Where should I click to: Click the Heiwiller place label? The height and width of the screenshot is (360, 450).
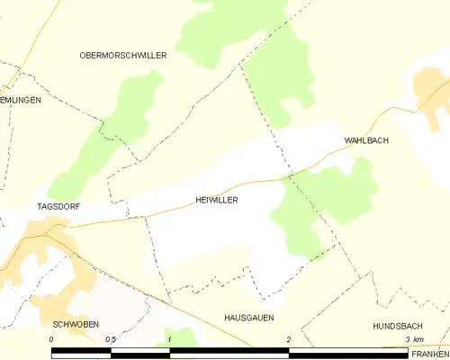[x=216, y=201]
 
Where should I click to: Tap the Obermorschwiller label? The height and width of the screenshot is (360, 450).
[x=123, y=55]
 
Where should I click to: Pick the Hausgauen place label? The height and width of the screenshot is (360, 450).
[x=248, y=318]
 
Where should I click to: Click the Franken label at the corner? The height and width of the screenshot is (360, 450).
[x=430, y=354]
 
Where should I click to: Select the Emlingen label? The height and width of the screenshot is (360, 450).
[x=20, y=100]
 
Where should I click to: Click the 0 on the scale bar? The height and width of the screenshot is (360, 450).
[x=51, y=338]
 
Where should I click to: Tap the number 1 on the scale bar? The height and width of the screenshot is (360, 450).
[x=169, y=338]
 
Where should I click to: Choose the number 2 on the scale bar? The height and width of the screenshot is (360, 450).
[x=288, y=338]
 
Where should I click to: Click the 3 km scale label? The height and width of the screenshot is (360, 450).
[x=414, y=338]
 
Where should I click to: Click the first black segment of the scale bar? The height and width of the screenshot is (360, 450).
[x=81, y=353]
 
